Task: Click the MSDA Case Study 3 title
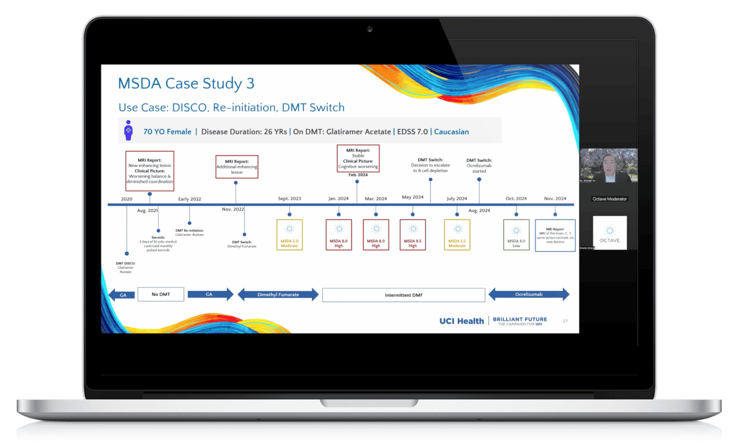(186, 84)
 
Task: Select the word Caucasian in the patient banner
(451, 132)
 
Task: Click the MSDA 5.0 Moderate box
(290, 235)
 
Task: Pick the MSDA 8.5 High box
(413, 235)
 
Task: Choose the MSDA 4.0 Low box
(516, 235)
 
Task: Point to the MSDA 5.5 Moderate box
(457, 235)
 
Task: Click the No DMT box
(161, 294)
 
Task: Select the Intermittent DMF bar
(404, 295)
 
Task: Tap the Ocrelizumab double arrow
(529, 295)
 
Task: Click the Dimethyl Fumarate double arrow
(278, 295)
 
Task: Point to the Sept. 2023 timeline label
(290, 198)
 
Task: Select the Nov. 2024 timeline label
(555, 198)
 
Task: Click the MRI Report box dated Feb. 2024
(358, 159)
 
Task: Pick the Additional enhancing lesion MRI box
(237, 167)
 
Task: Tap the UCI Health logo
(461, 321)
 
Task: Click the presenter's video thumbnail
(609, 165)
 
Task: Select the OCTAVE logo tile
(610, 233)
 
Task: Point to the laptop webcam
(369, 29)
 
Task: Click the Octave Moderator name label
(610, 199)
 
